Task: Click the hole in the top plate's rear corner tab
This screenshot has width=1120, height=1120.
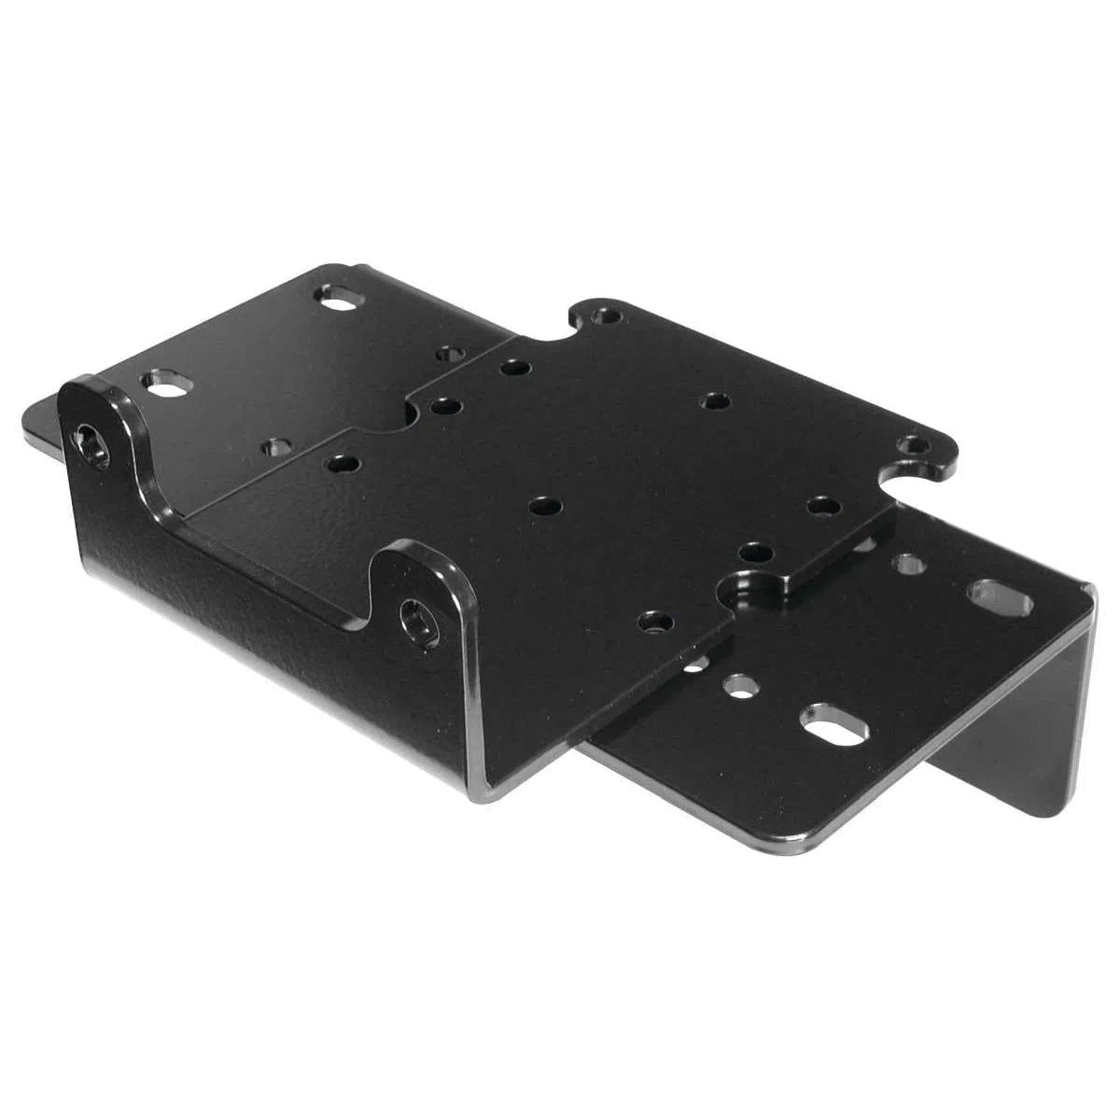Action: point(608,315)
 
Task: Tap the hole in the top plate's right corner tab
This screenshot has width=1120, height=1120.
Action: point(909,446)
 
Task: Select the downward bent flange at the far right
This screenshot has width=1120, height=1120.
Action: point(1045,709)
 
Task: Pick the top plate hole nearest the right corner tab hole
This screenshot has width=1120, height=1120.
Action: point(822,507)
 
